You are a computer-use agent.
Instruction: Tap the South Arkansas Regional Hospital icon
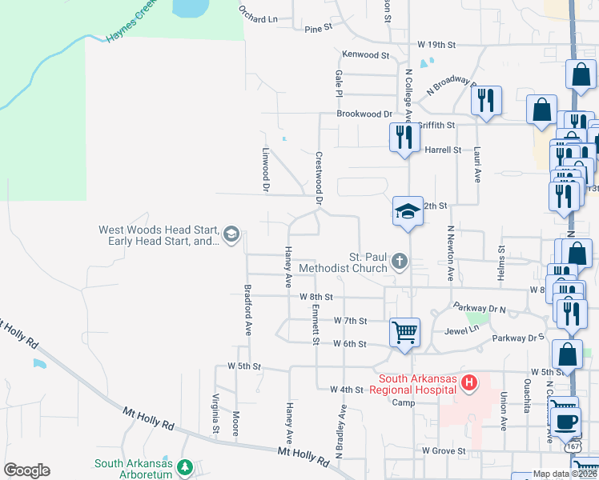click(469, 385)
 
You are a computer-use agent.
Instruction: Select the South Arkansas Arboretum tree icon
click(186, 466)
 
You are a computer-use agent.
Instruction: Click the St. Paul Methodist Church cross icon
click(400, 261)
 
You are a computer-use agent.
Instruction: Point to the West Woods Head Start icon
click(231, 234)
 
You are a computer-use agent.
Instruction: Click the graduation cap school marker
click(408, 211)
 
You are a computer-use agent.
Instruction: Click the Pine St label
click(318, 28)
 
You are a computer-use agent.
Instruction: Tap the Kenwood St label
click(364, 55)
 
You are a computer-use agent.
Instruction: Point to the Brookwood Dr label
click(364, 114)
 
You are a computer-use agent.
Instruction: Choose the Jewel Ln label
click(462, 329)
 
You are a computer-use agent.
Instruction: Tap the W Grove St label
click(444, 451)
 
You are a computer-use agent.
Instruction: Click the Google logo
click(26, 470)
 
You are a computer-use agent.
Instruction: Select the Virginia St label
click(215, 414)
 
